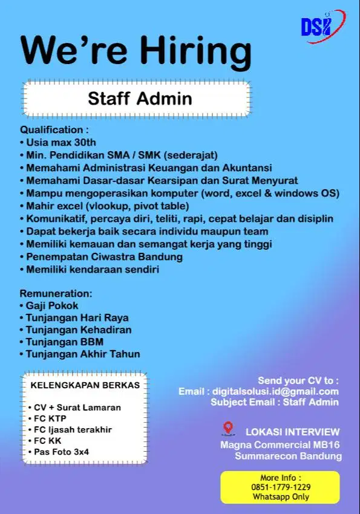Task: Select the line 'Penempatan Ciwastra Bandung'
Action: tap(104, 257)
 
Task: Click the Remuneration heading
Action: tap(56, 293)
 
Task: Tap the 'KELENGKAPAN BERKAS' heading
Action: tap(85, 385)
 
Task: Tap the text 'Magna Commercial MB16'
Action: tap(280, 444)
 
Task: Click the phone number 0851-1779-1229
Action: tap(281, 487)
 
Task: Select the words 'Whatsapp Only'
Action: tap(281, 496)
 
